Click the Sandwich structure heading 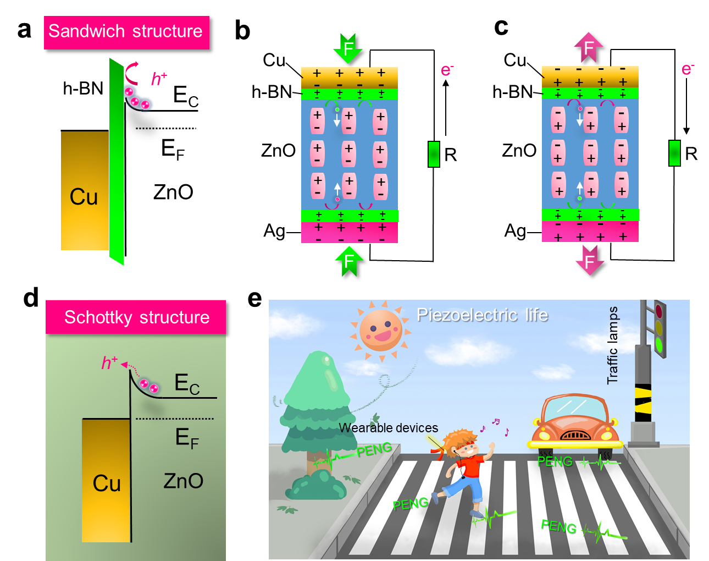pos(126,32)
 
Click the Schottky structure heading pos(136,317)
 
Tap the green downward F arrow pos(348,48)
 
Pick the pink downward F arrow pos(590,260)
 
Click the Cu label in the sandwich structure pos(84,197)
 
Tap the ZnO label pos(183,481)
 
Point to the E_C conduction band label pos(186,383)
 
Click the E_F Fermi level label pos(186,438)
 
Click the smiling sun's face pos(380,330)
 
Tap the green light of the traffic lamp pos(658,345)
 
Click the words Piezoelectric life pos(482,315)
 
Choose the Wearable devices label pos(388,428)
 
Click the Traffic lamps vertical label pos(613,345)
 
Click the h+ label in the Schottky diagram pos(109,362)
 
